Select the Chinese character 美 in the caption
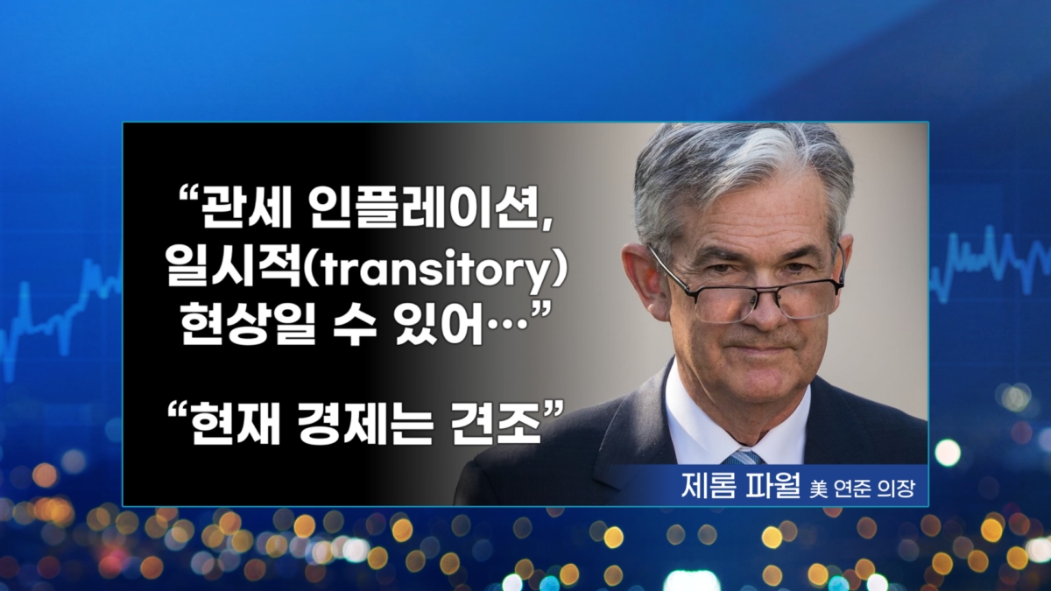tap(818, 489)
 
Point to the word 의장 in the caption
tap(896, 489)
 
